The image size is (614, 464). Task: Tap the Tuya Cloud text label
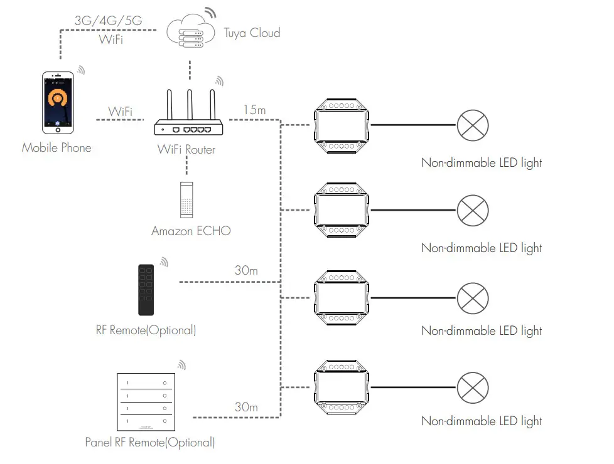click(252, 33)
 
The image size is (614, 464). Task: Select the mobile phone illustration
click(58, 102)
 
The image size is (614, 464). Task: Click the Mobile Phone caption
click(57, 148)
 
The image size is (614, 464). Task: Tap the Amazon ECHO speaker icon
click(186, 199)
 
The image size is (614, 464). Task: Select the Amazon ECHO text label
click(191, 231)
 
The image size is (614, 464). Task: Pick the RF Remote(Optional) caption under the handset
click(146, 330)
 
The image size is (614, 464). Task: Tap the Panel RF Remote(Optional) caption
click(150, 443)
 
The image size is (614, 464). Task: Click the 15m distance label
click(254, 110)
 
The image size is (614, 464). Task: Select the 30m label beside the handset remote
click(246, 271)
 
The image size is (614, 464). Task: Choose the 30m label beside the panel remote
click(246, 407)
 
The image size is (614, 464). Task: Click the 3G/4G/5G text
click(108, 20)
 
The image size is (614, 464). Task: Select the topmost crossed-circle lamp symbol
click(472, 125)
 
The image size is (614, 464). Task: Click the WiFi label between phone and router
click(120, 112)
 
